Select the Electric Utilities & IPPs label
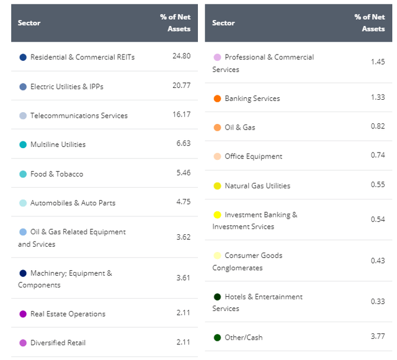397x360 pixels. click(66, 86)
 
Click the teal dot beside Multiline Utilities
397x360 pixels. click(23, 144)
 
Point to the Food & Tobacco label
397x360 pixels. click(56, 173)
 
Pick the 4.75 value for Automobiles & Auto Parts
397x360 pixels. click(181, 203)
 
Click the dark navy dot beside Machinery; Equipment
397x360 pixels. click(23, 273)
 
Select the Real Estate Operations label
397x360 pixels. click(68, 314)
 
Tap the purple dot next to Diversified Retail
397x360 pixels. click(23, 343)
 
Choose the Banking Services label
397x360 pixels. click(252, 98)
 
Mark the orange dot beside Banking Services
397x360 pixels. click(217, 99)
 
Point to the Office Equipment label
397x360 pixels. click(253, 156)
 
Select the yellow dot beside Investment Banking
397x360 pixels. click(217, 215)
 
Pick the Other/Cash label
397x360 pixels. click(243, 337)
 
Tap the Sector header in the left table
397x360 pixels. click(29, 23)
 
